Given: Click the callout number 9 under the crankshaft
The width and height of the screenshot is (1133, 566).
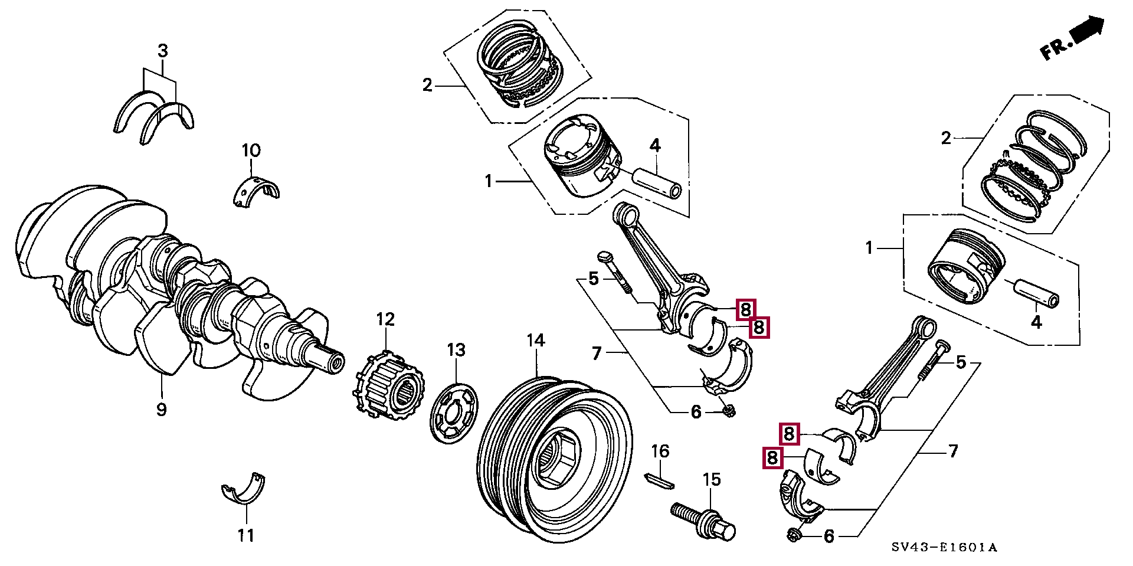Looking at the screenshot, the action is coord(162,409).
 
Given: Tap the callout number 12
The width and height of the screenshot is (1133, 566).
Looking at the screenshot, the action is coord(385,320).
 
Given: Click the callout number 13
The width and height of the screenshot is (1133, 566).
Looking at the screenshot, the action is coord(456,350).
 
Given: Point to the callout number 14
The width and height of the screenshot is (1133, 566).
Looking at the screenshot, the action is coord(536,341).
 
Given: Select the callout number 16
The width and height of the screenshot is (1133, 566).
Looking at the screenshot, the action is coord(660,452).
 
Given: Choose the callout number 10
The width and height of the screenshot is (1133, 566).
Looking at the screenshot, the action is coord(251,151).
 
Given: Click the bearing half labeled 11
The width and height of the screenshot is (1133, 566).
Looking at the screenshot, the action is coord(243,488).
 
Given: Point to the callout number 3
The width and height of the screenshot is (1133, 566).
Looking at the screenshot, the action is coord(162,51).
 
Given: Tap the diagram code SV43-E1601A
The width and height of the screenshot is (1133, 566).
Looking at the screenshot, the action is coord(944,548).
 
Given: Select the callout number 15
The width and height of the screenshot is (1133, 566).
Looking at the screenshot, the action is coord(712,480).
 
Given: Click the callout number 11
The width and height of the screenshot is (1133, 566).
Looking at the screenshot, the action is coord(246,535).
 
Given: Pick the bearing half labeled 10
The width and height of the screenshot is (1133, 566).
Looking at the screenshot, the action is coord(254,190).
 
